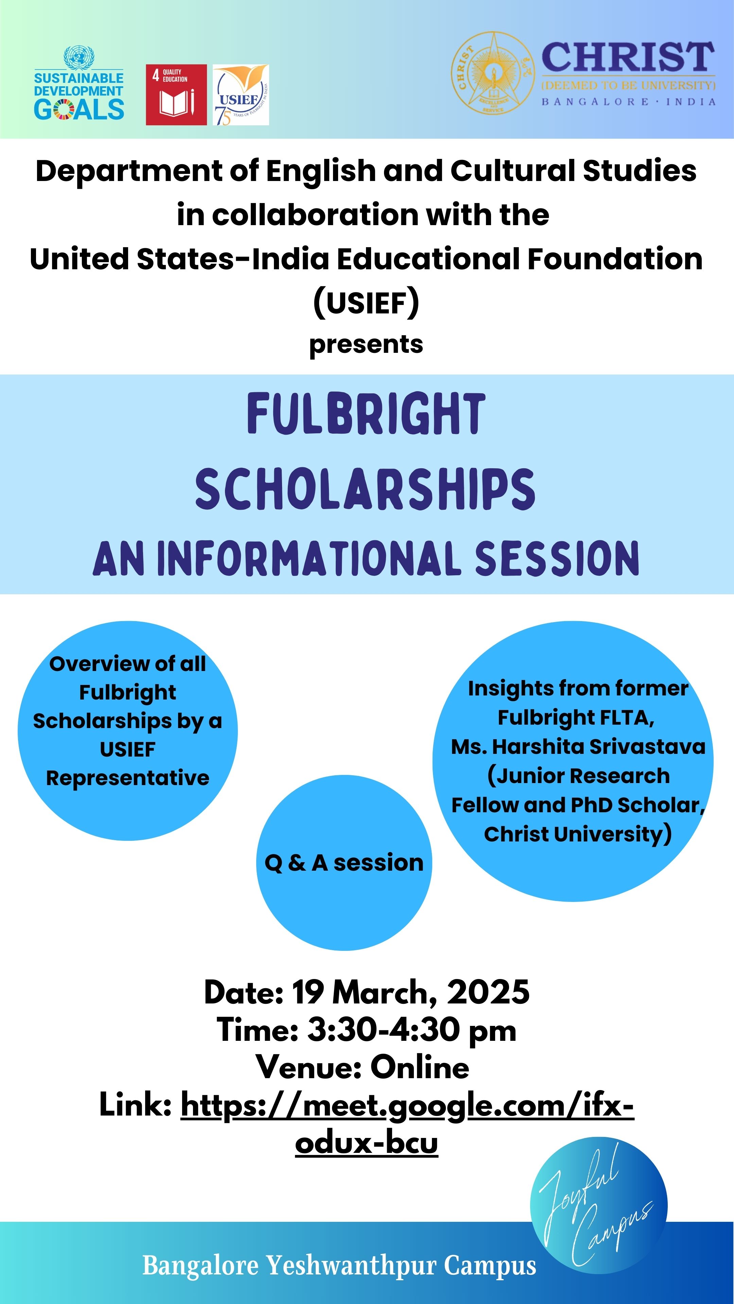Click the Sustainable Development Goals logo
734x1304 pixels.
pos(79,84)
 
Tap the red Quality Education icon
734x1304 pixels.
pos(176,95)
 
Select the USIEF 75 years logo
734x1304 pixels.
pos(241,95)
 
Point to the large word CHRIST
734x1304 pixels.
pos(628,57)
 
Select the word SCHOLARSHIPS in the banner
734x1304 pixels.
pos(366,489)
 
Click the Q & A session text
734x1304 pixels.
pos(344,863)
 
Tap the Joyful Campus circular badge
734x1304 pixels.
pos(599,1206)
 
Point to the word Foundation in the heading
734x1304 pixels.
pos(615,259)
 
